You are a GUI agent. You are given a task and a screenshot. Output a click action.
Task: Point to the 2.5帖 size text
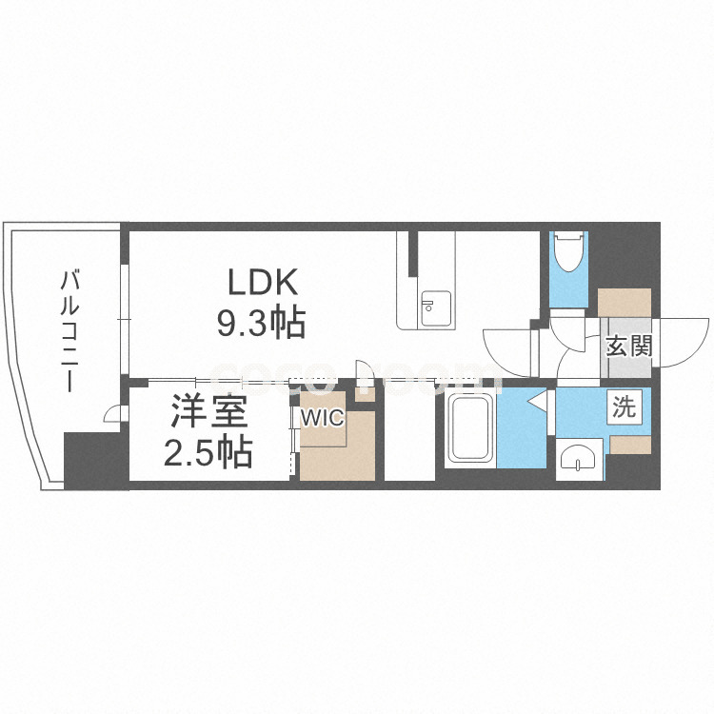[208, 452]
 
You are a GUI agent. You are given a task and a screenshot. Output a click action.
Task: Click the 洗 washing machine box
[625, 408]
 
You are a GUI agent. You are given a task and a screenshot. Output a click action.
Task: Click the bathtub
[469, 431]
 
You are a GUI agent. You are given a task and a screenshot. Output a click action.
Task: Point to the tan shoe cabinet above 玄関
[625, 303]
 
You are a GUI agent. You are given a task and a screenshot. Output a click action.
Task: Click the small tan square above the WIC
[364, 393]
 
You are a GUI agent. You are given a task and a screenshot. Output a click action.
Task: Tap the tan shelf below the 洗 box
[629, 443]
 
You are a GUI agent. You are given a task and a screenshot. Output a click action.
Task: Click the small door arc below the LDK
[364, 369]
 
